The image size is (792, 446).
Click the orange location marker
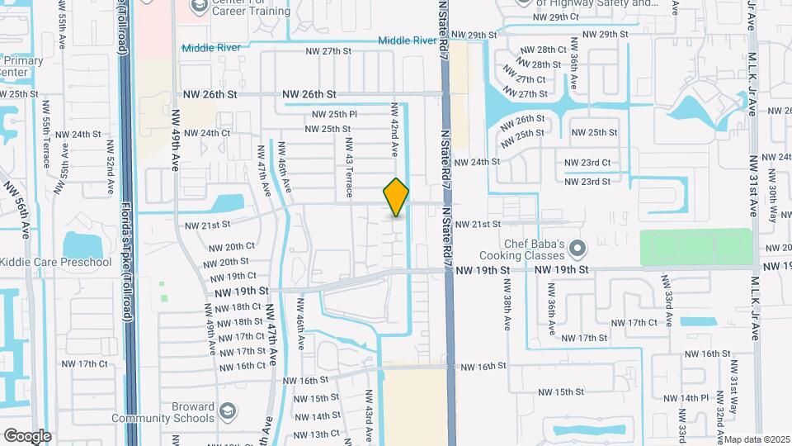tap(396, 197)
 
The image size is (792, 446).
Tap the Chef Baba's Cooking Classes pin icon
tap(577, 248)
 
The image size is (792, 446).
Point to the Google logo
tap(26, 435)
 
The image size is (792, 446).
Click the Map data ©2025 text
tap(757, 439)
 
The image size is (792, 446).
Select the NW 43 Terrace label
tap(349, 164)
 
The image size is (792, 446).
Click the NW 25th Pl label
tap(333, 114)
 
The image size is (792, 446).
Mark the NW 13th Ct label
tap(316, 434)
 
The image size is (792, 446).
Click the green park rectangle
tap(696, 248)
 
